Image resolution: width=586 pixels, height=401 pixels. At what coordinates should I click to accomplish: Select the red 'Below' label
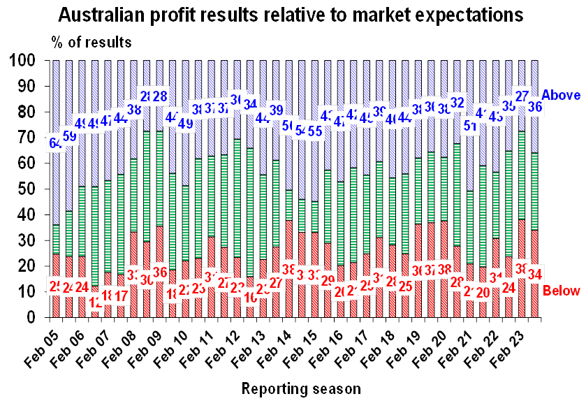(562, 289)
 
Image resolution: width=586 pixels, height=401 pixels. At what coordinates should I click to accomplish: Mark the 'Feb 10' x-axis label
(167, 345)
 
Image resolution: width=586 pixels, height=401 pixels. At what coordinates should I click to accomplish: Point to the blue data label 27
(522, 96)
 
